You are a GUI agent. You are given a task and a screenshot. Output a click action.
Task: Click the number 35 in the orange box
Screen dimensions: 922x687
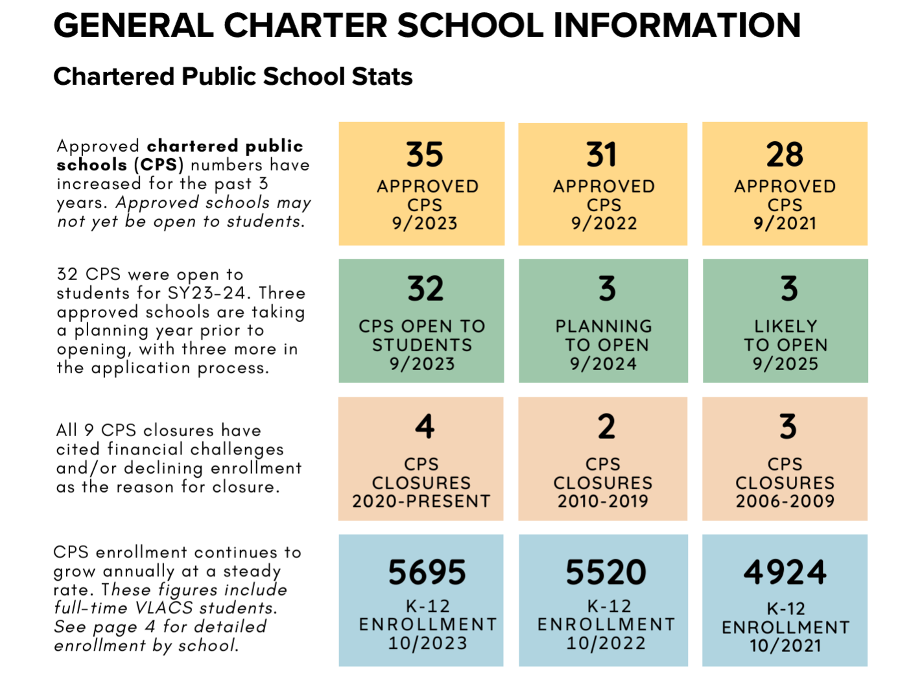tap(424, 154)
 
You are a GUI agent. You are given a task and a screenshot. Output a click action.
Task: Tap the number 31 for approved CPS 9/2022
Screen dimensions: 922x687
tap(602, 154)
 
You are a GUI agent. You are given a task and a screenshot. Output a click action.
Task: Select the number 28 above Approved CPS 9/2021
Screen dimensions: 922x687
tap(785, 154)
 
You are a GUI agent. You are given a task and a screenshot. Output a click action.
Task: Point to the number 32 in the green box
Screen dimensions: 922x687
tap(425, 288)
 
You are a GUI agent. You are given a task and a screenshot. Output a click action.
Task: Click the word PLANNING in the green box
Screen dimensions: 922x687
tap(604, 326)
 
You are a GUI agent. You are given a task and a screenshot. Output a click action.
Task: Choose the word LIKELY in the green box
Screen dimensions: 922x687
tap(785, 326)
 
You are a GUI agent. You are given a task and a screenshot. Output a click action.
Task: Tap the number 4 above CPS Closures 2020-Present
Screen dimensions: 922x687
tap(424, 426)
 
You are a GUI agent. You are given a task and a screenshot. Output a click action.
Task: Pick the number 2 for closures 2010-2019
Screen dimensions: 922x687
tap(606, 426)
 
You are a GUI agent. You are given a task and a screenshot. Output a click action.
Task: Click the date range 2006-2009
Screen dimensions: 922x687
tap(785, 500)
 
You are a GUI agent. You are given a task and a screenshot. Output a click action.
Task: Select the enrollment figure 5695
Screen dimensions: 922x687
tap(427, 572)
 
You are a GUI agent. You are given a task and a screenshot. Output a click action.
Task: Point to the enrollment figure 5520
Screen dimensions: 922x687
tap(606, 572)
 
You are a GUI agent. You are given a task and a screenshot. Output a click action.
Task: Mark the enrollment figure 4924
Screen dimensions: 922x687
tap(785, 572)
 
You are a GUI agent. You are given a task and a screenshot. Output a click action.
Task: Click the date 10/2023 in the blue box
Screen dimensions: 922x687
tap(427, 643)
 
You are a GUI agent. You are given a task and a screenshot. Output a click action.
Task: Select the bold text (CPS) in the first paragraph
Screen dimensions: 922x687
tap(159, 165)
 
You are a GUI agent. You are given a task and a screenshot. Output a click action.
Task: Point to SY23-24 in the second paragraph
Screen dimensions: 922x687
tap(207, 293)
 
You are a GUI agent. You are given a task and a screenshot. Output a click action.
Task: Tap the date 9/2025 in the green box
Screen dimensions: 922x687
tap(785, 364)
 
